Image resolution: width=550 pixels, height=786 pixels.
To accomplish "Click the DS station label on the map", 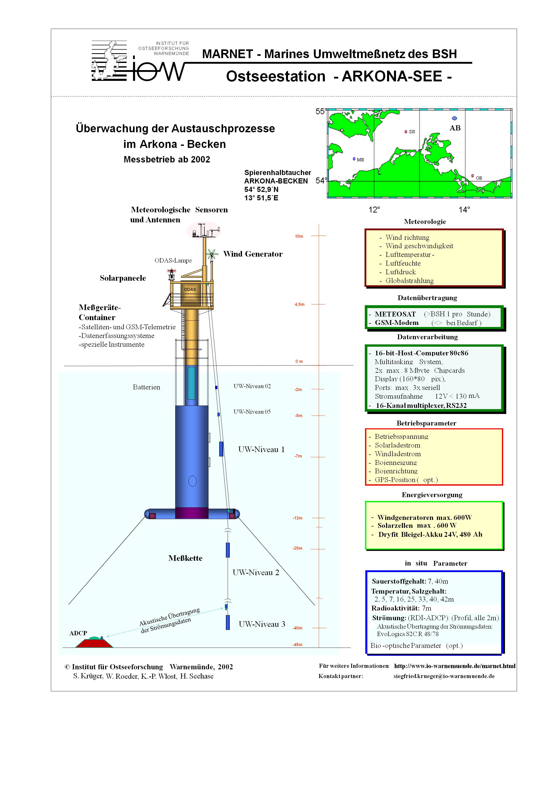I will [412, 132].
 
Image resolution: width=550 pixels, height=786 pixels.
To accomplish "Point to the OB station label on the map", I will [479, 178].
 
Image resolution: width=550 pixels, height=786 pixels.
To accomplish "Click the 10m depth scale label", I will [299, 236].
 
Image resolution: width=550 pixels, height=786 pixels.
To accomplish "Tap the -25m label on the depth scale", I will [298, 548].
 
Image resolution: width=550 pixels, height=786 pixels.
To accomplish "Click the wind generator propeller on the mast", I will [212, 254].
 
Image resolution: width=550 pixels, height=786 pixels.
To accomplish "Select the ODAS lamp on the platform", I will [171, 274].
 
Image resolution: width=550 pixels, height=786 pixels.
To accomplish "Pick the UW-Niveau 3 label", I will [262, 624].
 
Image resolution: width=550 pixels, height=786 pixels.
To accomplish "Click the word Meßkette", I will [185, 558].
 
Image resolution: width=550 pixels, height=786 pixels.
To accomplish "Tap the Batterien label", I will [147, 387].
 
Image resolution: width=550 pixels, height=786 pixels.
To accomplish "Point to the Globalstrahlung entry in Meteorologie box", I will [409, 281].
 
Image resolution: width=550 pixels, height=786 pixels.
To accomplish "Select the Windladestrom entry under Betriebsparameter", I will [398, 454].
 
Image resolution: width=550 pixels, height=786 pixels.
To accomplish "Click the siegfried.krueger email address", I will [444, 676].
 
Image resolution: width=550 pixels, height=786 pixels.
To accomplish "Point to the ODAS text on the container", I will [190, 289].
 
